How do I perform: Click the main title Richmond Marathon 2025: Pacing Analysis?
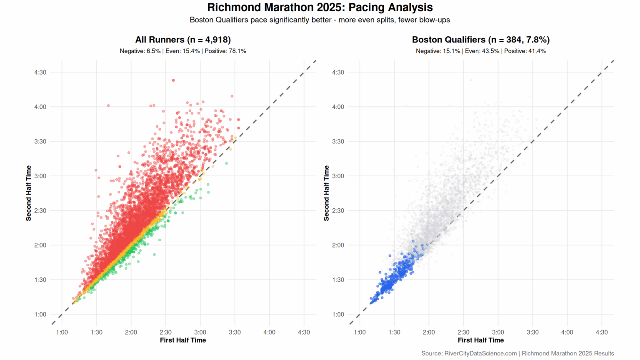[320, 7]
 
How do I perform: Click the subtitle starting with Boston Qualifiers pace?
[320, 20]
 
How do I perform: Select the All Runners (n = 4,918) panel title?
[183, 40]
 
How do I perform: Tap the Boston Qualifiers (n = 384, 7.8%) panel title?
[480, 40]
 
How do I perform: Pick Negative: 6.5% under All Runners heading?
[140, 51]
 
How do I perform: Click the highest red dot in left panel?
[173, 80]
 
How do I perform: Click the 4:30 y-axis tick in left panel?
[40, 72]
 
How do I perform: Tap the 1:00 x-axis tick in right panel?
[360, 332]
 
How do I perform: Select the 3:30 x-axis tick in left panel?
[235, 332]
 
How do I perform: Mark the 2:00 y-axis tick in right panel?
[338, 245]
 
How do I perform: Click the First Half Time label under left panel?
[183, 340]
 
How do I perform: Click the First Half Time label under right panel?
[480, 340]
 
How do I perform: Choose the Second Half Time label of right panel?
[326, 193]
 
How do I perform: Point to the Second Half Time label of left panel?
[28, 193]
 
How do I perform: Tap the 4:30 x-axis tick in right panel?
[602, 332]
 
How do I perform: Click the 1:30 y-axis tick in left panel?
[40, 280]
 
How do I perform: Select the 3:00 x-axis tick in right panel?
[498, 332]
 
